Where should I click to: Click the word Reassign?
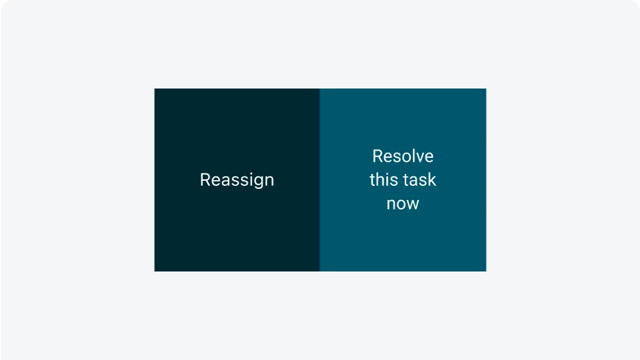pos(237,180)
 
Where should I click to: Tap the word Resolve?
pos(403,156)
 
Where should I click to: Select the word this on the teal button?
pos(383,179)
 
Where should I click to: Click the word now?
pos(403,204)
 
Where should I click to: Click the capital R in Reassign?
pos(205,179)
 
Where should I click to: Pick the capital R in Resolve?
pos(378,156)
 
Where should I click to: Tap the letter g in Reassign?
pos(259,182)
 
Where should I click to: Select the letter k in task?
pos(432,179)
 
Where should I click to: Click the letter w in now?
pos(412,204)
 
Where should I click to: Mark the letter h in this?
pos(379,179)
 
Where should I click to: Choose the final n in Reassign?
pos(270,181)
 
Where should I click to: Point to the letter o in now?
pos(400,204)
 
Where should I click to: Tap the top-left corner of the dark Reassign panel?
pos(155,89)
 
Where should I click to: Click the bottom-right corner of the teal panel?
pos(486,271)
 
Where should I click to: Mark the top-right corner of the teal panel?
pos(486,89)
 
